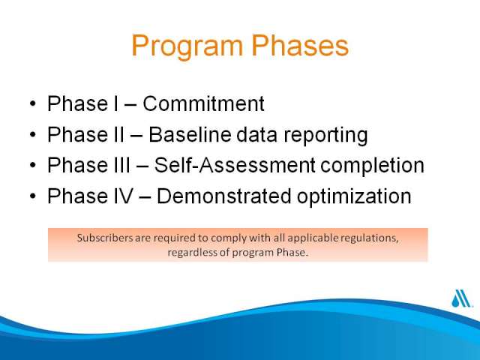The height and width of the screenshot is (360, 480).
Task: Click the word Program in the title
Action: (x=187, y=46)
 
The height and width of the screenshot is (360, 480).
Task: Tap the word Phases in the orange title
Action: (x=300, y=45)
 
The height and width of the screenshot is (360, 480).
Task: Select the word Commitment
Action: (x=203, y=103)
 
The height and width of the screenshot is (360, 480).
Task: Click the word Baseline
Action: (x=190, y=134)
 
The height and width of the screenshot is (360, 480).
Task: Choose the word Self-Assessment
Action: (x=235, y=165)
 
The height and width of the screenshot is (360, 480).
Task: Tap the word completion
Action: (x=372, y=166)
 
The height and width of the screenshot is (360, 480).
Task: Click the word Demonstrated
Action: (x=223, y=196)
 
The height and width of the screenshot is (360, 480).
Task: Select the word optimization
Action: (x=354, y=196)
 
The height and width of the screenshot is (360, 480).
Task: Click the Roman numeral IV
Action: (x=123, y=196)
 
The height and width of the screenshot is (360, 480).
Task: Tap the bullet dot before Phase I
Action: (x=33, y=103)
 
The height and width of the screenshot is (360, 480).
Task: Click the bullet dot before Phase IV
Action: (x=33, y=196)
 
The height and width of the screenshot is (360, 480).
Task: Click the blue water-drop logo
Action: (x=461, y=298)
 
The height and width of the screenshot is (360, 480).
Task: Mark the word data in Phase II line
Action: (x=256, y=134)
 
